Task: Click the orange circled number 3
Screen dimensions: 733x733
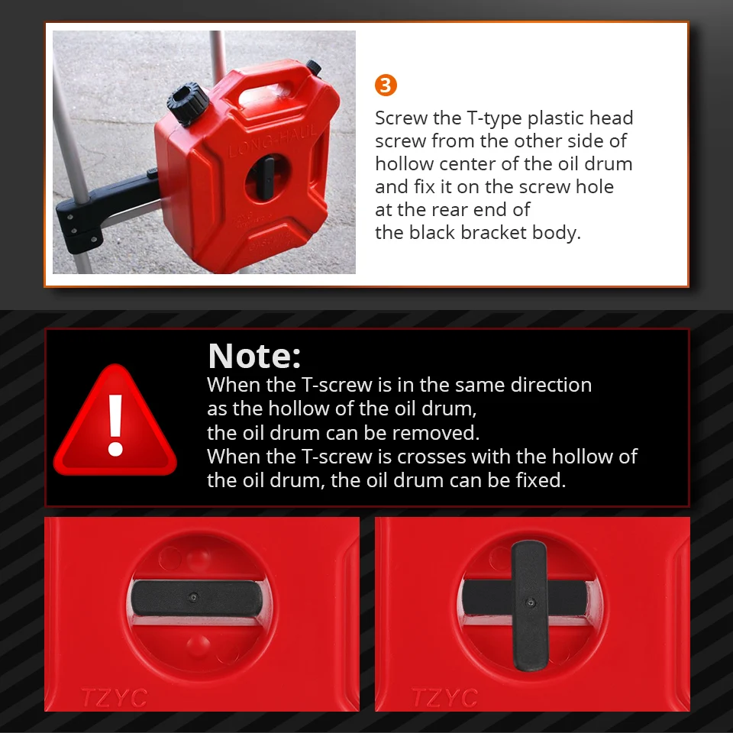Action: [386, 86]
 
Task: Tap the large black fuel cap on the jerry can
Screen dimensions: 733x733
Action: [188, 104]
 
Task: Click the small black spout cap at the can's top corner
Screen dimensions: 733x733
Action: [314, 67]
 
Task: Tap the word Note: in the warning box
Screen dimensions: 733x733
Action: [254, 357]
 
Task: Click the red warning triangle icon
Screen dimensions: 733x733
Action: [115, 420]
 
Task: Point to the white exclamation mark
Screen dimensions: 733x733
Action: [115, 425]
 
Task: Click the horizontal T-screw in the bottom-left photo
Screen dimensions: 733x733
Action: [197, 599]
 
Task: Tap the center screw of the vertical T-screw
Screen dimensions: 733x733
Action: [530, 602]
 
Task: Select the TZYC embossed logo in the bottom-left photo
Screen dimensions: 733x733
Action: [115, 698]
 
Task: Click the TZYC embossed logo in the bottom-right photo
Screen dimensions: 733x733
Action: [444, 698]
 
